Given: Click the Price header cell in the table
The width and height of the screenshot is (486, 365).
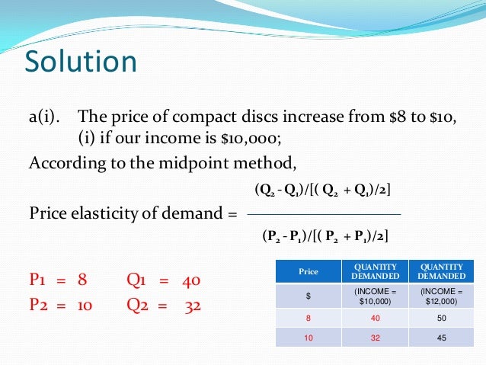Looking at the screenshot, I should [309, 271].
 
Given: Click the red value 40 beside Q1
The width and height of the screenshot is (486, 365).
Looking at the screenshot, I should [191, 280].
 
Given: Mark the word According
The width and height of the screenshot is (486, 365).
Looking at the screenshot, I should [64, 163].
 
